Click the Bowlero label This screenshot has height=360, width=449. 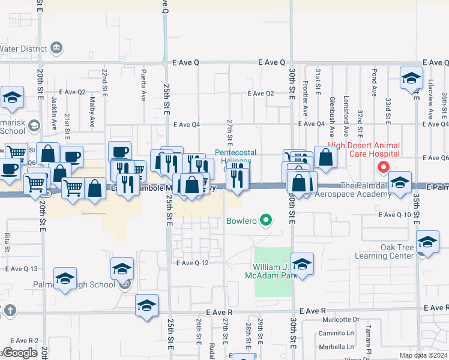point(241,221)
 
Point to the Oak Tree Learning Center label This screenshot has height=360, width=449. point(388,251)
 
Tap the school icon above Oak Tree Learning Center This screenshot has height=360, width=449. point(427,242)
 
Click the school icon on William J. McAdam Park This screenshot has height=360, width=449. point(303,265)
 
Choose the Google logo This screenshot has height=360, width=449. point(19,353)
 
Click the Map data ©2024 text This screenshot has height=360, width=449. point(424,355)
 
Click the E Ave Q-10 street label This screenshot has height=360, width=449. point(394,215)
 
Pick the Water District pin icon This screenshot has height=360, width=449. point(56,47)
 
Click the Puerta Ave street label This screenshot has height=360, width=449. point(143,86)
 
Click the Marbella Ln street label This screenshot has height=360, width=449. point(337,347)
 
